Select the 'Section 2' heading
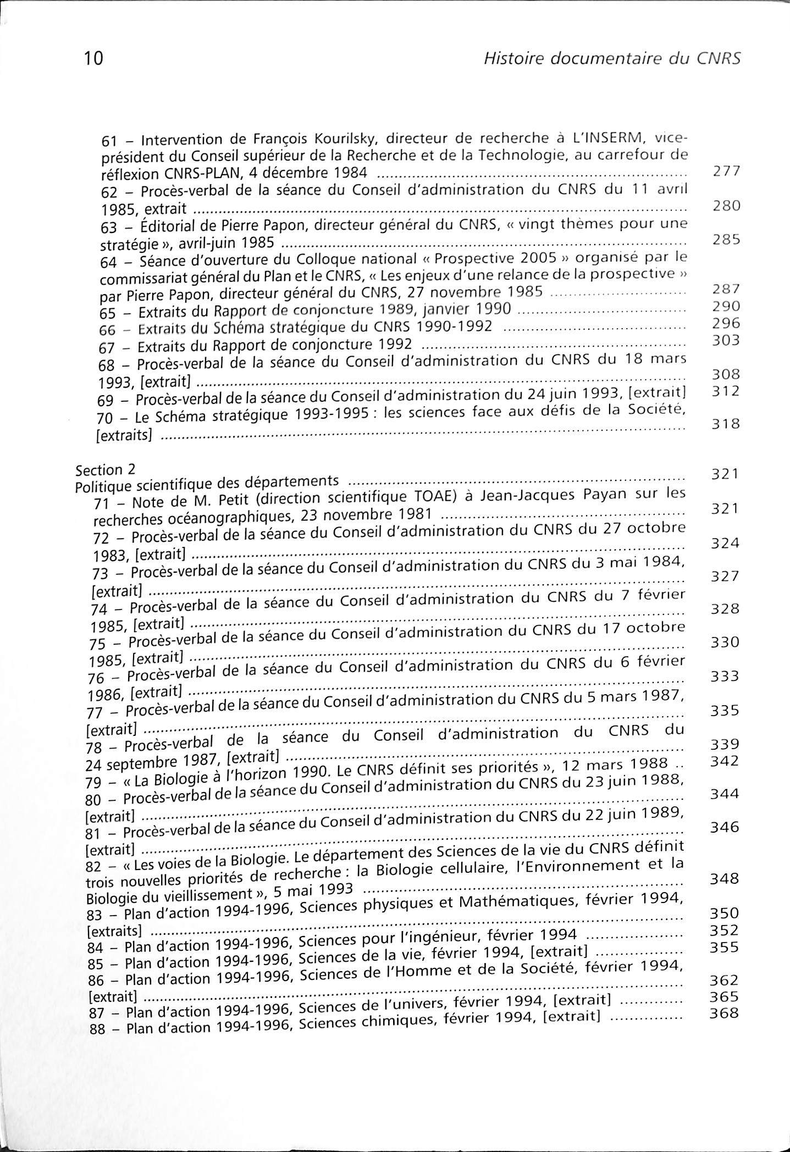coord(105,470)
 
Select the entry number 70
coord(104,418)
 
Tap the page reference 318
coord(726,424)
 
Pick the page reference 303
coord(726,340)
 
